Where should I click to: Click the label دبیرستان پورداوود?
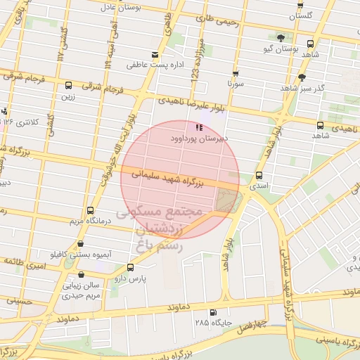tap(198, 139)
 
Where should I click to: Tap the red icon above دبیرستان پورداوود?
tap(199, 128)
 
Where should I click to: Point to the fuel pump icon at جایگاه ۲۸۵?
tap(213, 312)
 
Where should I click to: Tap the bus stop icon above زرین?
tap(68, 86)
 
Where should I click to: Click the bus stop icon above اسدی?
tap(259, 175)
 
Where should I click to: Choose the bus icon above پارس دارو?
tap(130, 268)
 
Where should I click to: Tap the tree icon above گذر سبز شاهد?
tap(302, 77)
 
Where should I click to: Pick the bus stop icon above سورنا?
tap(235, 73)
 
